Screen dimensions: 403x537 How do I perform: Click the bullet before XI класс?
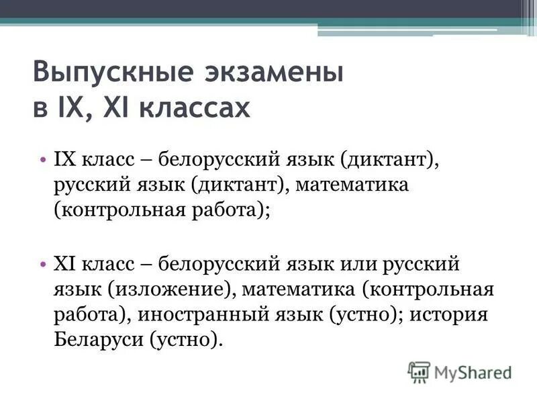click(x=42, y=264)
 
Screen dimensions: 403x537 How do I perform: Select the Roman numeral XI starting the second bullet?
click(x=66, y=264)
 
